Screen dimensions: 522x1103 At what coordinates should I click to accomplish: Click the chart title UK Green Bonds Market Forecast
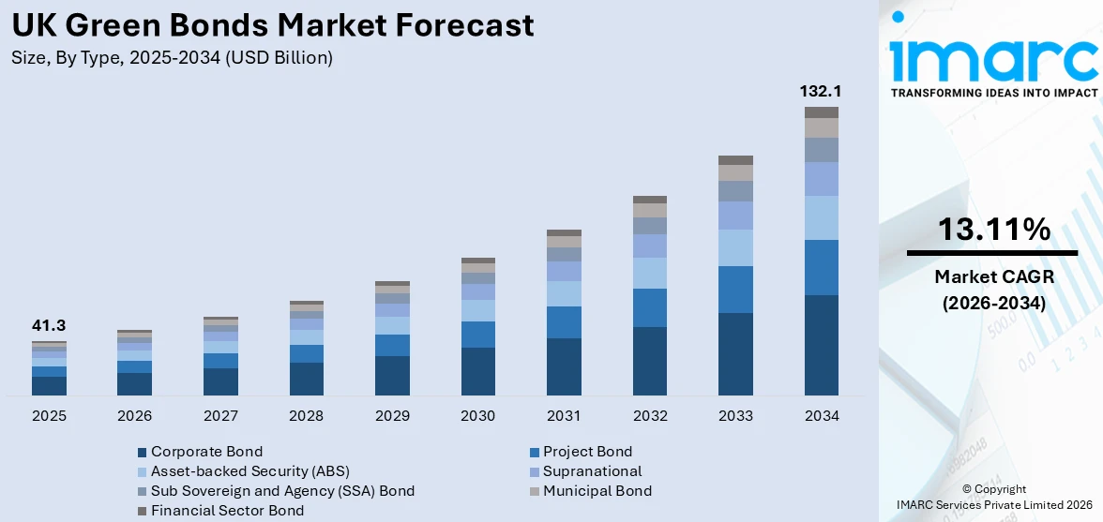click(273, 25)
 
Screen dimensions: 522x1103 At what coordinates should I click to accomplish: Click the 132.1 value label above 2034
click(821, 92)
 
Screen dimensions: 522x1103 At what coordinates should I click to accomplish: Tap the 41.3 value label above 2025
click(49, 326)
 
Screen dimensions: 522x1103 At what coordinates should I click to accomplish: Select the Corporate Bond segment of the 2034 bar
click(821, 345)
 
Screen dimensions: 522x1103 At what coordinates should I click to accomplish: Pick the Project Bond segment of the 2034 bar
click(821, 267)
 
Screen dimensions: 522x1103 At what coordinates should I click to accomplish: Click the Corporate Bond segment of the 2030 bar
click(477, 371)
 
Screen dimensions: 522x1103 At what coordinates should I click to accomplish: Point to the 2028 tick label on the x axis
click(306, 415)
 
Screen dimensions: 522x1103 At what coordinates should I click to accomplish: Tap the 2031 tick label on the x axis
click(564, 415)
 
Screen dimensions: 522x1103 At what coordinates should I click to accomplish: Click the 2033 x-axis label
click(735, 415)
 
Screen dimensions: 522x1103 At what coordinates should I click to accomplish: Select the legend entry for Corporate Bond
click(206, 452)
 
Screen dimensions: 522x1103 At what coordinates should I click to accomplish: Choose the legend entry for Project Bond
click(587, 452)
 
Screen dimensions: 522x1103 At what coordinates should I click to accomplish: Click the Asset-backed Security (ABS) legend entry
click(249, 471)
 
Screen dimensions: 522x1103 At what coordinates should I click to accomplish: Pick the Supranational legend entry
click(592, 471)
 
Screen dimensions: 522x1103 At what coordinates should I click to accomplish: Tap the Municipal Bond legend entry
click(597, 491)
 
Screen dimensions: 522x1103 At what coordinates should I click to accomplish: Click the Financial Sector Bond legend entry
click(227, 511)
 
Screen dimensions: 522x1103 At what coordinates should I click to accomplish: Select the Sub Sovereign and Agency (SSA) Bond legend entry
click(282, 491)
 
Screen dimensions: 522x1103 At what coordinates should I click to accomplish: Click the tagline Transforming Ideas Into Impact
click(993, 93)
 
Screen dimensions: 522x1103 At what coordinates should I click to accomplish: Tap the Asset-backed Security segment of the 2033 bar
click(735, 247)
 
